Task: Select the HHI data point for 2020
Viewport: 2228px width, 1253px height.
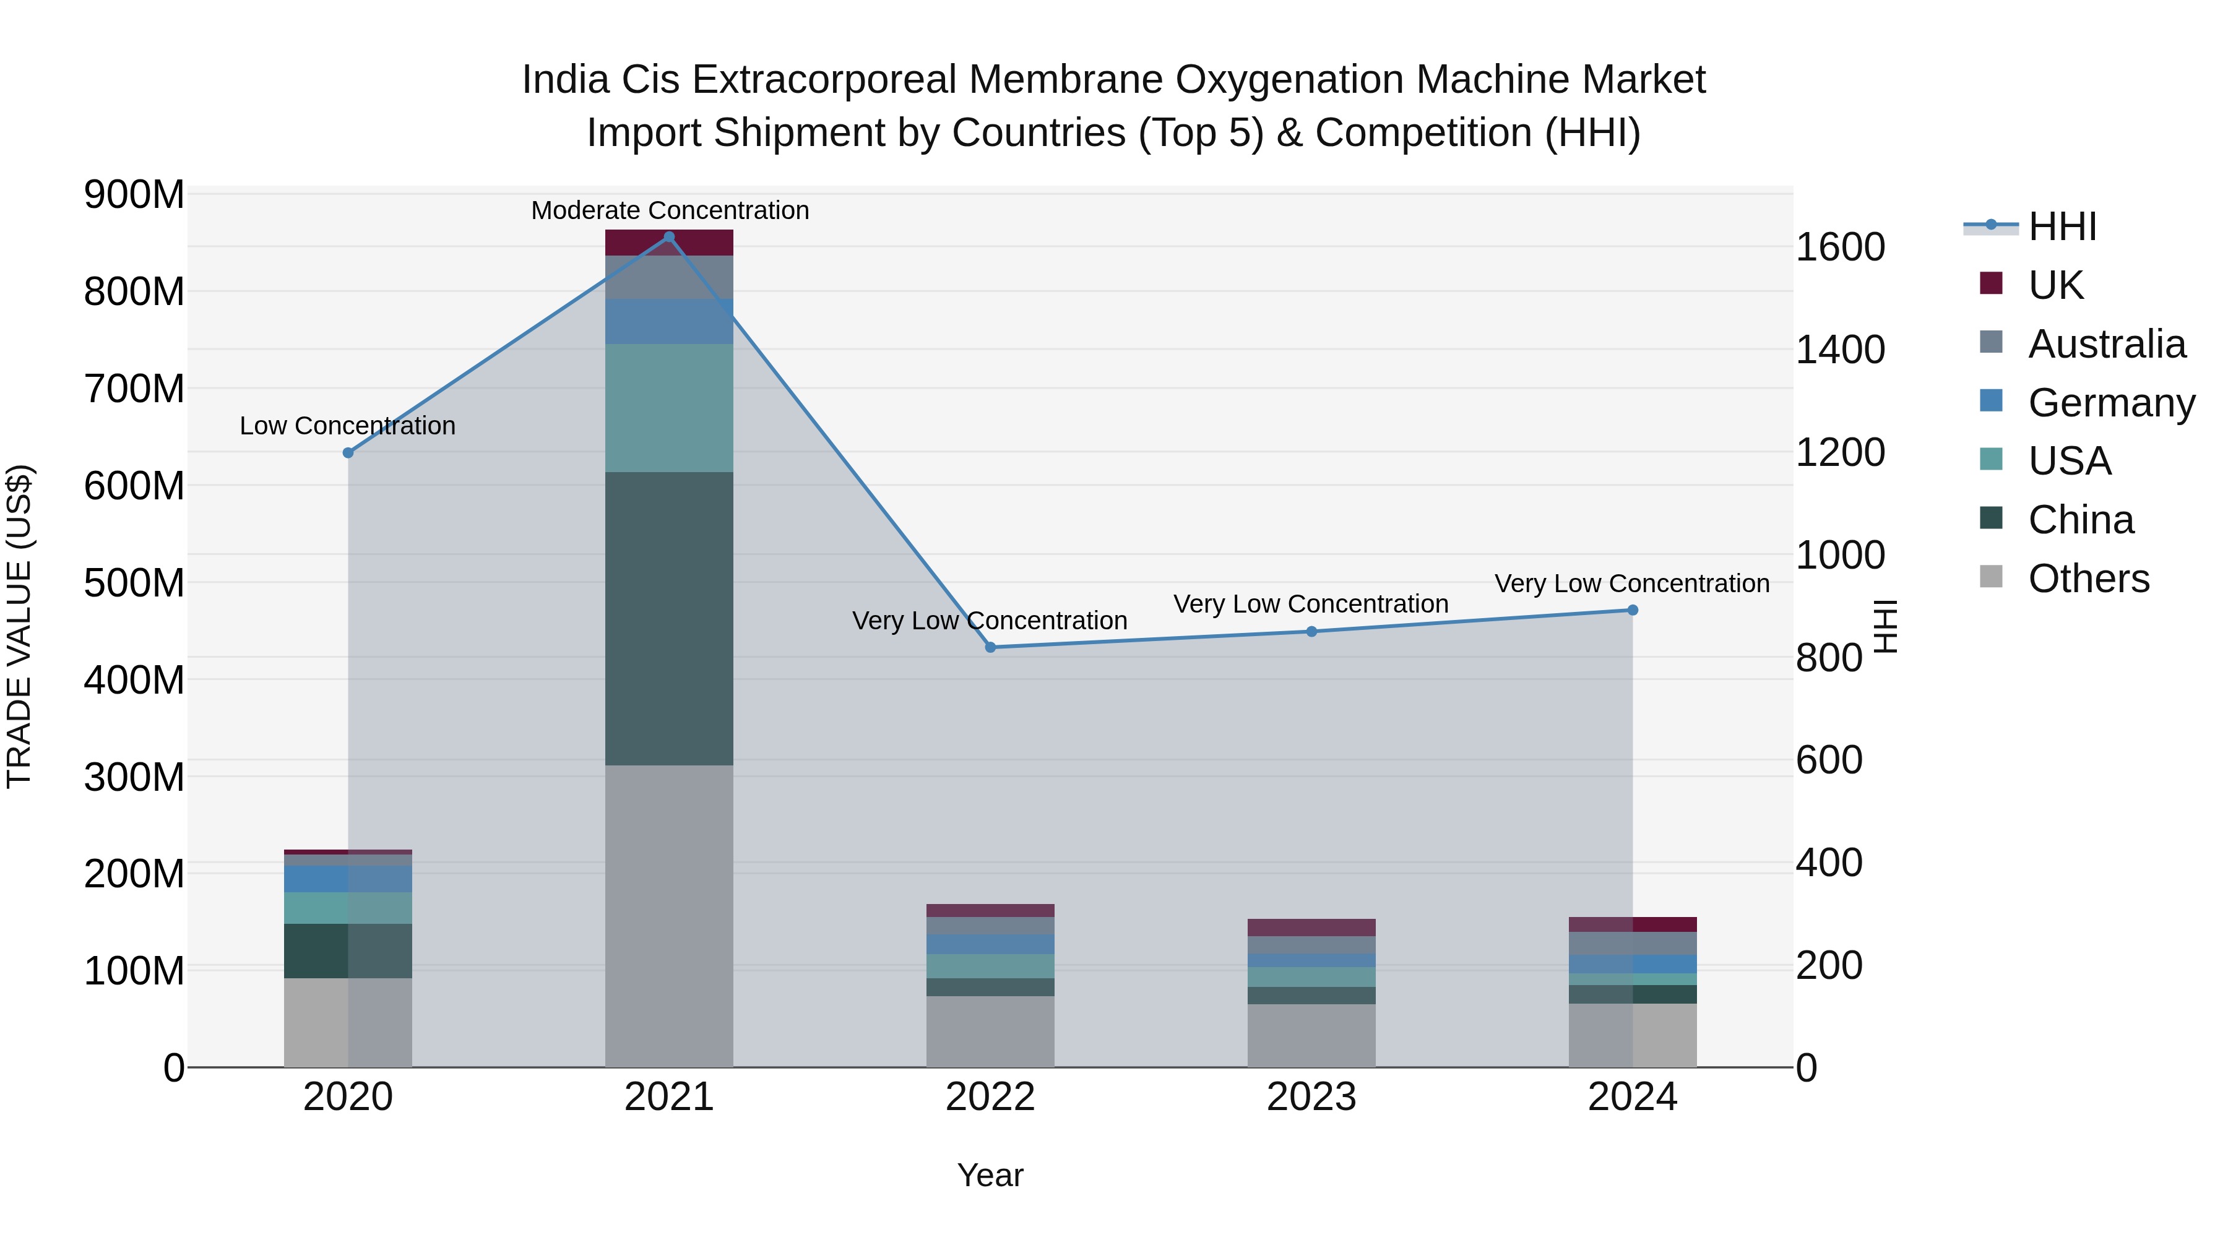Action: click(348, 452)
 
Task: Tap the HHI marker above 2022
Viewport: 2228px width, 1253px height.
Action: click(990, 647)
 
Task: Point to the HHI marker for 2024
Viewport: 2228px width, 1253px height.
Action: click(1632, 609)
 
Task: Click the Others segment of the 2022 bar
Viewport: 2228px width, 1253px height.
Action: click(990, 1031)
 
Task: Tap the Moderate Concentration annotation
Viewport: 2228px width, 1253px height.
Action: click(670, 210)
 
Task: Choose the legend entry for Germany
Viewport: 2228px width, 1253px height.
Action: click(2110, 402)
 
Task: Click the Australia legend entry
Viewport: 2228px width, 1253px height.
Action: click(2106, 343)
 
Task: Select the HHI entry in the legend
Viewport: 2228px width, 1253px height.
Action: click(2062, 226)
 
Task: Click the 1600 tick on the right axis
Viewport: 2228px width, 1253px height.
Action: click(1840, 248)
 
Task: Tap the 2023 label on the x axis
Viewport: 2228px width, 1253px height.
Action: click(1311, 1097)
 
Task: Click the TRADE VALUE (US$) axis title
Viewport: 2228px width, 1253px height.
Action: click(19, 626)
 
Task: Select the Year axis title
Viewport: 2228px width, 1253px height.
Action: click(990, 1175)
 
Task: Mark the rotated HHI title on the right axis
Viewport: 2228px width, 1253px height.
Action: click(1886, 626)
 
